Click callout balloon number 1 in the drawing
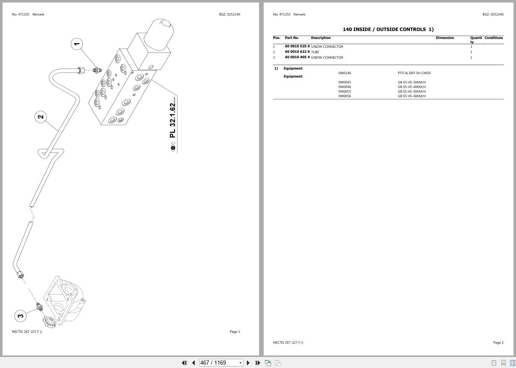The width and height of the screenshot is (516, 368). pos(77,44)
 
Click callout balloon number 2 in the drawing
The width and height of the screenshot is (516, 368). pos(41,117)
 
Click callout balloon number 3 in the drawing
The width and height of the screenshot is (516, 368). pos(21,316)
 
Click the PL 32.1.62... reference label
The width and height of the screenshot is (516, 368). pos(173,117)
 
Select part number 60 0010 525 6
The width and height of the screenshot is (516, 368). pos(297,47)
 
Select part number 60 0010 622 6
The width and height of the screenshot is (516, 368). pos(297,52)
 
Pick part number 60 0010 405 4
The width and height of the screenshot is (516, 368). pos(297,57)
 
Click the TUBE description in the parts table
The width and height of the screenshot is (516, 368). pos(315,52)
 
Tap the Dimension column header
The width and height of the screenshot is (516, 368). pos(445,38)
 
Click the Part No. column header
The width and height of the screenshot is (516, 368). pos(292,38)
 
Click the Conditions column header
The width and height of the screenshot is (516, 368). pos(493,38)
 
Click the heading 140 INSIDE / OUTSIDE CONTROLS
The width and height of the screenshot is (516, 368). pos(388,29)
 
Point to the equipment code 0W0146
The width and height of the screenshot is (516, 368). pos(345,73)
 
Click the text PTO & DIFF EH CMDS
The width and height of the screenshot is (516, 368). pos(414,73)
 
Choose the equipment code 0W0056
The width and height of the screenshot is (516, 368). pos(345,96)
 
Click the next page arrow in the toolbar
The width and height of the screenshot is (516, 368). pos(248,363)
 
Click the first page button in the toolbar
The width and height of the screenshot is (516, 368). pos(184,363)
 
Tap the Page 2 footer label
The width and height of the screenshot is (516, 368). pos(498,342)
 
